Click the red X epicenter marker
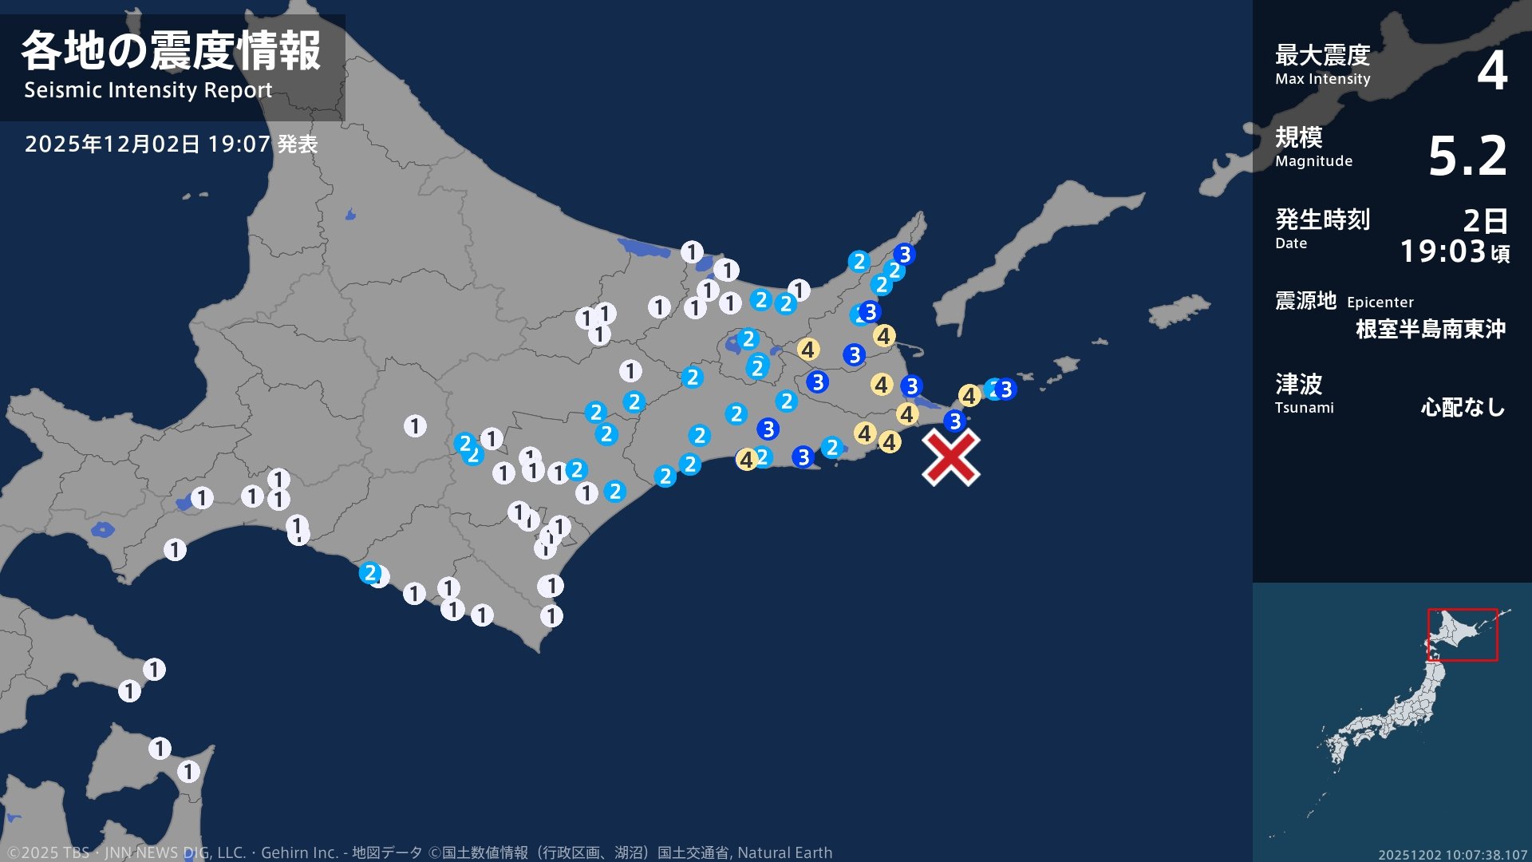point(951,457)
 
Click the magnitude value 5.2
point(1467,156)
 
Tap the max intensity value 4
point(1491,70)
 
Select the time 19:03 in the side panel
point(1443,251)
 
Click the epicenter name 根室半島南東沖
point(1430,329)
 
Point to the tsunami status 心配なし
point(1463,407)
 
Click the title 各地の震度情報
point(171,51)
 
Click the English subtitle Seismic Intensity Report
point(148,90)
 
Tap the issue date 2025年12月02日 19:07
point(148,144)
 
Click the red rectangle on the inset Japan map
point(1462,635)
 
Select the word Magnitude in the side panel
point(1313,161)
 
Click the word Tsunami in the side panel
point(1304,408)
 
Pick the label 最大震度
point(1322,55)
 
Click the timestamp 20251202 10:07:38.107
point(1452,855)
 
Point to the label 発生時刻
point(1322,219)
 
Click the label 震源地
point(1305,301)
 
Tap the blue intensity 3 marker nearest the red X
point(954,421)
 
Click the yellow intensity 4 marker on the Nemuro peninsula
point(969,395)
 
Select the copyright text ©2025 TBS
point(48,852)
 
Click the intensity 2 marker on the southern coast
point(369,572)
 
